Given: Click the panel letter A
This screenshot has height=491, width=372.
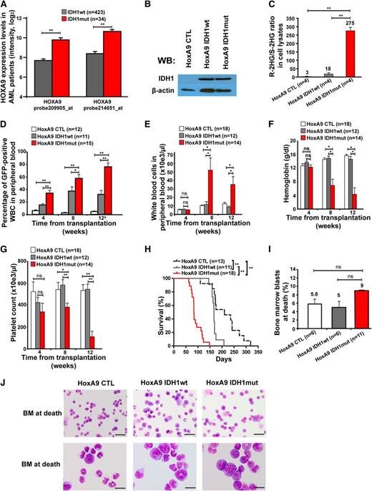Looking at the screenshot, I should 5,6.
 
